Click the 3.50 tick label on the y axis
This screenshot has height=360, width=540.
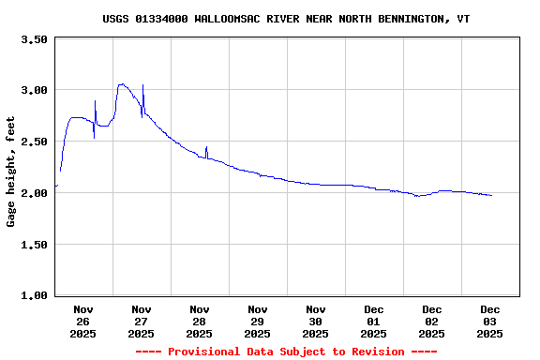point(34,40)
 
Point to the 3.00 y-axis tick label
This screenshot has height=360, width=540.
point(34,91)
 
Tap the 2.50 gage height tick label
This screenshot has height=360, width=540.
point(34,142)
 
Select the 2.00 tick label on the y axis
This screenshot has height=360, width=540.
point(34,194)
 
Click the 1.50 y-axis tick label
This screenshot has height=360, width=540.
point(34,246)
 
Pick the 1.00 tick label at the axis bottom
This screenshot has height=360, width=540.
point(34,296)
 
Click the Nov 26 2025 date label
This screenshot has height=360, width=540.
point(83,321)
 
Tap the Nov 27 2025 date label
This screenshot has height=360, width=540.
point(142,321)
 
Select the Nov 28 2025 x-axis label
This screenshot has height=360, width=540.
point(200,321)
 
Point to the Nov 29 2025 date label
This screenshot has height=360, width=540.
point(258,321)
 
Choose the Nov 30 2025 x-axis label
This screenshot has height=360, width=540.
point(316,321)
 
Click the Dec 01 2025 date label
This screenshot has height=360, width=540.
point(374,321)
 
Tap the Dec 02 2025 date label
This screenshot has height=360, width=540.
point(432,321)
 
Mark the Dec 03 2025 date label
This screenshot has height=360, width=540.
point(490,321)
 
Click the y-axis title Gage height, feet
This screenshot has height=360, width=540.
point(12,172)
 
